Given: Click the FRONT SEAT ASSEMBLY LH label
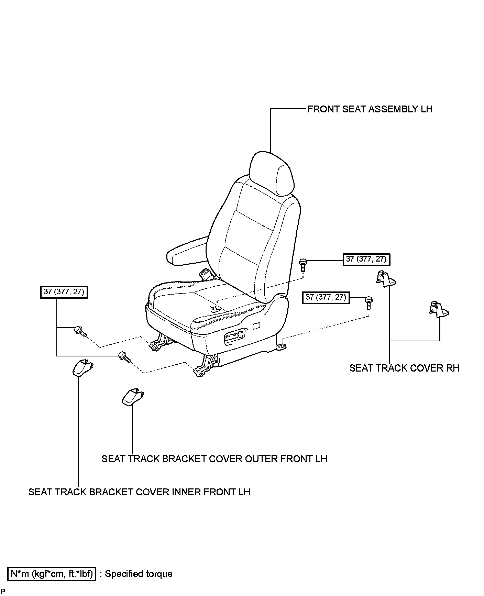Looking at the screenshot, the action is point(370,109).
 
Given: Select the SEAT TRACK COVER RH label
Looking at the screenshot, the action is point(404,368).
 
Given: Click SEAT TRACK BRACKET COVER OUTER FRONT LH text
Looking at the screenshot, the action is point(214,459).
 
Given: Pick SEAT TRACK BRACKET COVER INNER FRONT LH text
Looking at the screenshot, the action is point(139,492).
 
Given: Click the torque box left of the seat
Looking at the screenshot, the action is point(64,292).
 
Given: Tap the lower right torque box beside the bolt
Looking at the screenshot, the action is point(326,297).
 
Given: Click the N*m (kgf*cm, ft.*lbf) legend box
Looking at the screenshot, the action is point(52,574).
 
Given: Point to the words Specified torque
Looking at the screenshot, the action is point(139,574).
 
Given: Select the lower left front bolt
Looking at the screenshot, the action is point(124,357).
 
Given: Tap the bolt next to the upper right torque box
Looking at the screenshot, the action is point(303,265).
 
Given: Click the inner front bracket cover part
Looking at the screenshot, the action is point(82,368).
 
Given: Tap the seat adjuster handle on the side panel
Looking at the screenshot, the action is point(235,337).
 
